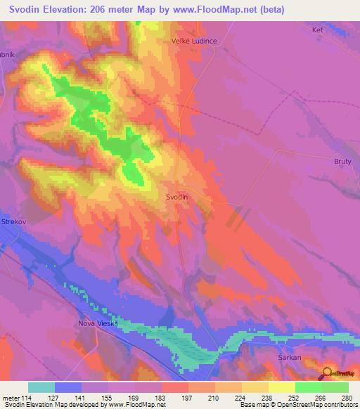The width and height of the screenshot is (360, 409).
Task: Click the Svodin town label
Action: coord(177,197)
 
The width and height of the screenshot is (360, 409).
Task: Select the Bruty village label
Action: coord(342,161)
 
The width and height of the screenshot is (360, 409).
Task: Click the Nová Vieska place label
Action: coord(90,323)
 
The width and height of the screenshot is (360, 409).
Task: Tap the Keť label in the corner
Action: coord(317,30)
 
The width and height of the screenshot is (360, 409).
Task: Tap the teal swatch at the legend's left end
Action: coord(41,387)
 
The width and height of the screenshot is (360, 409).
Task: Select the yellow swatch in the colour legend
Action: coord(282,387)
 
